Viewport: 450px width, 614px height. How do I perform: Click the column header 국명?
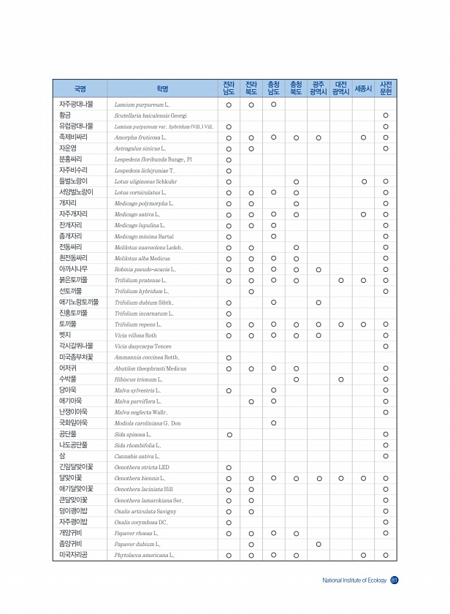[x=80, y=89]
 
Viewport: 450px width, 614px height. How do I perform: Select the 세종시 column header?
[x=363, y=89]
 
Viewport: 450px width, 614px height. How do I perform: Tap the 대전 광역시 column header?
[x=340, y=89]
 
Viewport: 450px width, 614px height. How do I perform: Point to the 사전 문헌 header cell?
[x=386, y=89]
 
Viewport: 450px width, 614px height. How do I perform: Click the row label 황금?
[x=66, y=115]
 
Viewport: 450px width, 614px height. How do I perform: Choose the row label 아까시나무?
[x=75, y=269]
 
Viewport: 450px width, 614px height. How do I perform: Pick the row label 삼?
[x=63, y=455]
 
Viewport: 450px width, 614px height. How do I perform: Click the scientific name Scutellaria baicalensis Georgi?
[x=150, y=115]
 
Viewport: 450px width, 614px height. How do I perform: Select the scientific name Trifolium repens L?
[x=138, y=324]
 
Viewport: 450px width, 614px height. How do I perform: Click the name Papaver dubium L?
[x=137, y=544]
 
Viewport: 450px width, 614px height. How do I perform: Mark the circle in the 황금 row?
[x=386, y=115]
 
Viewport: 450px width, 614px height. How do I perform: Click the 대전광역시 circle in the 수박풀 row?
[x=340, y=379]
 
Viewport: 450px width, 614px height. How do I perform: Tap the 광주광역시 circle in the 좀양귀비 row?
[x=319, y=544]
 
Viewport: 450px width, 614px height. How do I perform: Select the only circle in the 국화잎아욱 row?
[x=273, y=422]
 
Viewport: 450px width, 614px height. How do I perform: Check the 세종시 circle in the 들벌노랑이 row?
[x=363, y=181]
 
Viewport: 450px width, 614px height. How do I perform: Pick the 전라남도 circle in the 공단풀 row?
[x=229, y=433]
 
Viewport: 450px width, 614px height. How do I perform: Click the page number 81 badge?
[x=394, y=580]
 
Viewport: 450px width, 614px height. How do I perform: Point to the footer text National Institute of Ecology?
[x=354, y=581]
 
